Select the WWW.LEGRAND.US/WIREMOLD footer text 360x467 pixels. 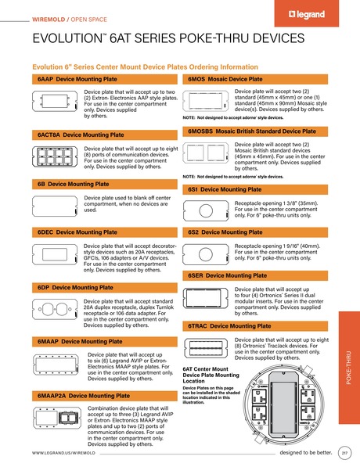tap(63, 453)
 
